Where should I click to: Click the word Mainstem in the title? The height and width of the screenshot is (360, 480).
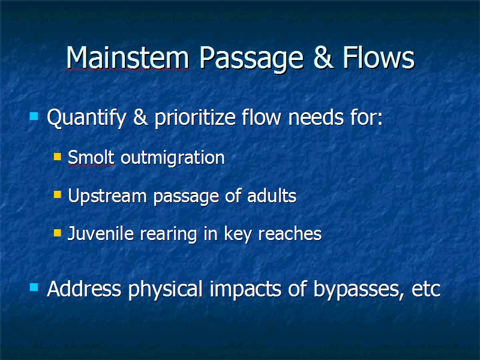click(127, 58)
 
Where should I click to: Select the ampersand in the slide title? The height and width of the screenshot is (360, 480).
click(323, 58)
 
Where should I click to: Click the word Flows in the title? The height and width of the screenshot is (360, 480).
click(379, 57)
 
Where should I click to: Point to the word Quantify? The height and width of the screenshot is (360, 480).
click(86, 118)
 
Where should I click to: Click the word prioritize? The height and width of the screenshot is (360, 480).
click(195, 118)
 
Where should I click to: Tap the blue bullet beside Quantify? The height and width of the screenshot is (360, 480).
click(34, 116)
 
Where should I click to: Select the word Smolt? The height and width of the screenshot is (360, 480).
click(91, 157)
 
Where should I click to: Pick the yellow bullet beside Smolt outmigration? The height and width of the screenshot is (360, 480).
click(57, 157)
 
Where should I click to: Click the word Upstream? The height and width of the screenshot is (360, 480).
click(107, 196)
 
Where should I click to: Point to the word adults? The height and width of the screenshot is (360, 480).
click(272, 196)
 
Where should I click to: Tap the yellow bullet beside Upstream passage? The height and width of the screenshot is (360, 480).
click(57, 194)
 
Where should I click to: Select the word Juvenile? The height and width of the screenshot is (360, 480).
click(101, 233)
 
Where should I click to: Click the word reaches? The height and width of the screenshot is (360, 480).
click(290, 234)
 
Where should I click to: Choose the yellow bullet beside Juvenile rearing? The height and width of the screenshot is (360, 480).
click(57, 233)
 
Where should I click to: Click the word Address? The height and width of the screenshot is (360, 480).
click(84, 289)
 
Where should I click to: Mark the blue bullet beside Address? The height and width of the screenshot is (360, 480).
click(34, 287)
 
